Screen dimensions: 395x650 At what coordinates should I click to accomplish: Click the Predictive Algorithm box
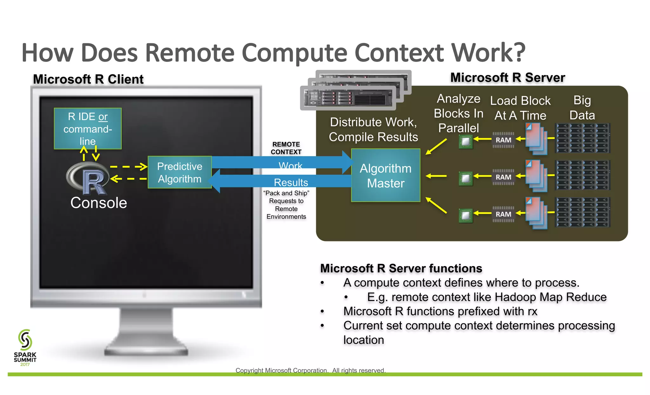pyautogui.click(x=180, y=172)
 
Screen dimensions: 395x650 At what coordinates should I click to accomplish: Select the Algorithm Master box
pyautogui.click(x=386, y=175)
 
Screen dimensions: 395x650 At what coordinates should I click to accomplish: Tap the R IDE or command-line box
pyautogui.click(x=88, y=128)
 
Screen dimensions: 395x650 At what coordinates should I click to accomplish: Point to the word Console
pyautogui.click(x=98, y=203)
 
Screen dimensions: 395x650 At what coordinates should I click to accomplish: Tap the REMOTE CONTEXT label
pyautogui.click(x=286, y=148)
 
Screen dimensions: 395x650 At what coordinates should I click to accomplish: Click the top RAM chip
pyautogui.click(x=503, y=140)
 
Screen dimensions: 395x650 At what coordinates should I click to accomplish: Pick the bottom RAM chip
pyautogui.click(x=503, y=214)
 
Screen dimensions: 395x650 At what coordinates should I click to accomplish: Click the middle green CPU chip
pyautogui.click(x=466, y=179)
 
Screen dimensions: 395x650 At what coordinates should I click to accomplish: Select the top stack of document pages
pyautogui.click(x=536, y=139)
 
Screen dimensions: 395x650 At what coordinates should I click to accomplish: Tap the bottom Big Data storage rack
pyautogui.click(x=583, y=212)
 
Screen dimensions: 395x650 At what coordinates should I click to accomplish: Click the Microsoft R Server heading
pyautogui.click(x=507, y=78)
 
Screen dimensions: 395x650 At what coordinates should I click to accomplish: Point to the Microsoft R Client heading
pyautogui.click(x=88, y=79)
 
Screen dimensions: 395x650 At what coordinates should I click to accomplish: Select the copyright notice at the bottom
pyautogui.click(x=310, y=370)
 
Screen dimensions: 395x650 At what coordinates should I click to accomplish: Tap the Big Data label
pyautogui.click(x=582, y=108)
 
